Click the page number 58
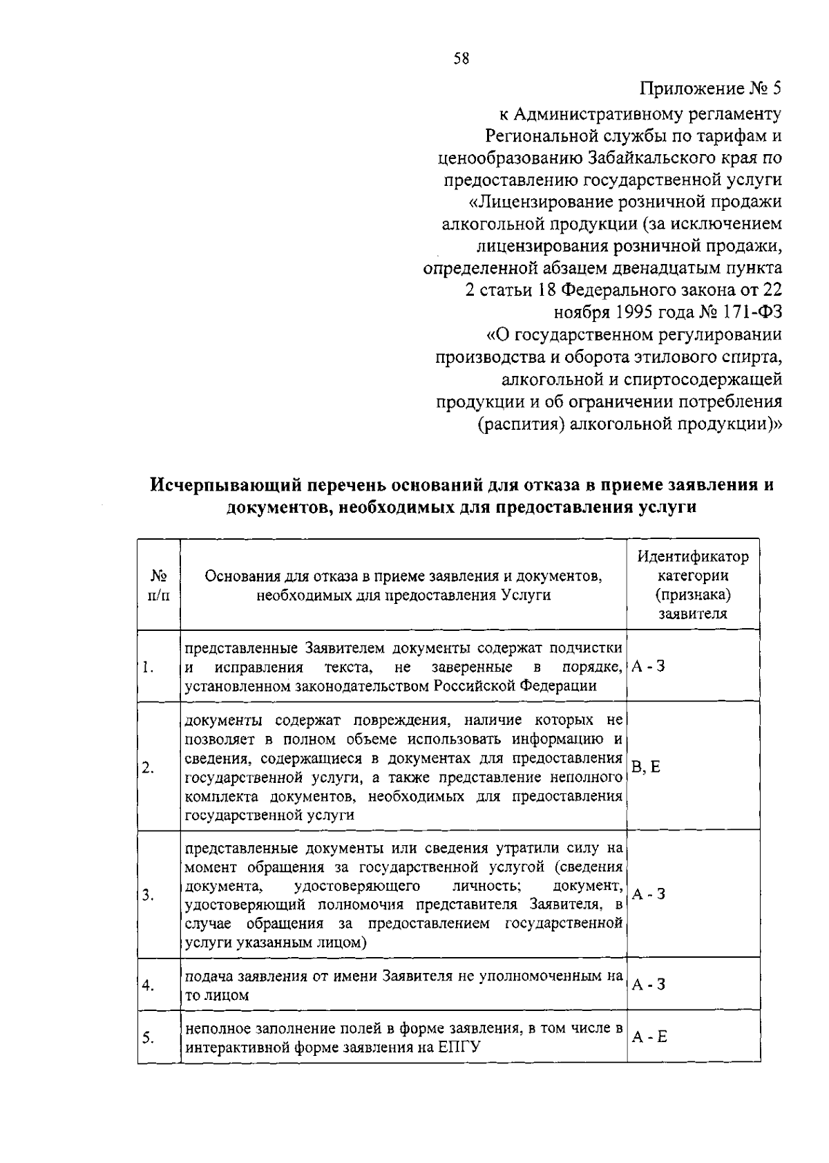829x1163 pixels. [x=461, y=59]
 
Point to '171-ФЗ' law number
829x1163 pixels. [x=754, y=312]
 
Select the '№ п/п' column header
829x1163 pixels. [x=159, y=585]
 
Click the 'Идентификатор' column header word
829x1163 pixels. [x=692, y=556]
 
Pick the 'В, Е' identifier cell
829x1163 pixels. [x=646, y=766]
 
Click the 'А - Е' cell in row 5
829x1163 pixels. [x=649, y=1037]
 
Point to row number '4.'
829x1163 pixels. [x=148, y=985]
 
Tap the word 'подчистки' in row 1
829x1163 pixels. [x=586, y=649]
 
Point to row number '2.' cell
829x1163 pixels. [x=148, y=768]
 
